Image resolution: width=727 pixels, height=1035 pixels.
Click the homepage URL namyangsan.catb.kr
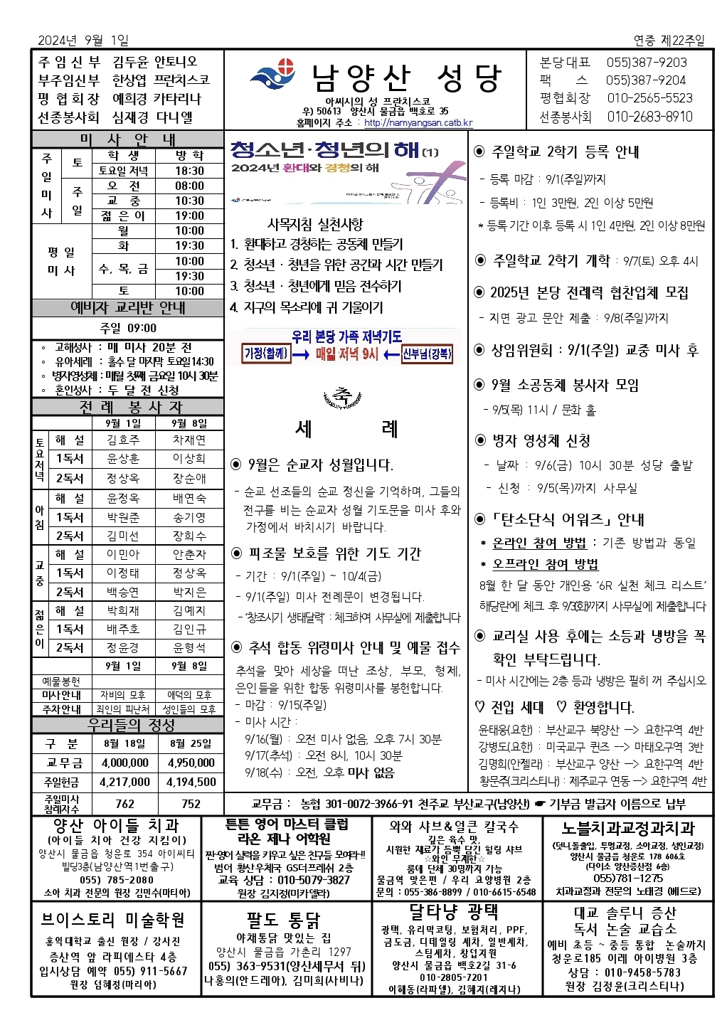click(x=418, y=123)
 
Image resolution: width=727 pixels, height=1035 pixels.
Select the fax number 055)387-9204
click(x=646, y=80)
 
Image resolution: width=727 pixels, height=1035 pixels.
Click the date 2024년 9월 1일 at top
click(x=83, y=41)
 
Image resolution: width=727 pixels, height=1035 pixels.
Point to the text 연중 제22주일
click(x=669, y=41)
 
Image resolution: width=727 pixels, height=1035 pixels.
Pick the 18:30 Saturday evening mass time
click(x=189, y=171)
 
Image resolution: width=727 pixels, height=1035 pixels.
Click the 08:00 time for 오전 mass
click(x=189, y=186)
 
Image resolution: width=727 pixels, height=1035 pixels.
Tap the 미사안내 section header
click(x=127, y=139)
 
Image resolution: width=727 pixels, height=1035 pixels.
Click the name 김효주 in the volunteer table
click(x=123, y=440)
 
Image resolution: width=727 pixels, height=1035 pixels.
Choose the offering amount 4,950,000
click(x=191, y=763)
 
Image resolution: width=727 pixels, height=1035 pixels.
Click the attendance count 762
click(x=124, y=803)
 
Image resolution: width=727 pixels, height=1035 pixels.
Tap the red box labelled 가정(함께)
click(x=266, y=354)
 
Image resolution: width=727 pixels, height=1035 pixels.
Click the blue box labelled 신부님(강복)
click(x=427, y=354)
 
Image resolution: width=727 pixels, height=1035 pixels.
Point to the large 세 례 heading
click(x=346, y=429)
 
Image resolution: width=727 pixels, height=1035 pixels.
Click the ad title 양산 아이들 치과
click(x=116, y=825)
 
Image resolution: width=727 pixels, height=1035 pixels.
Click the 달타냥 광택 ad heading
click(x=453, y=912)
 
